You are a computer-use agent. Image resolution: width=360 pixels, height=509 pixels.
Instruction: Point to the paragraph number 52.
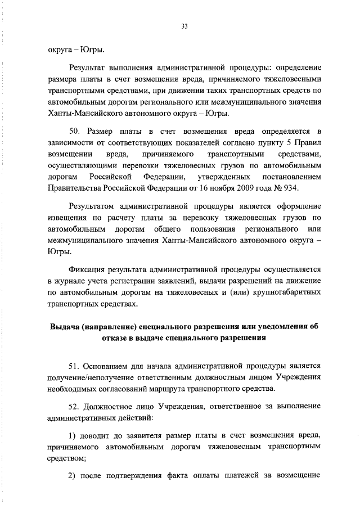pos(75,406)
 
